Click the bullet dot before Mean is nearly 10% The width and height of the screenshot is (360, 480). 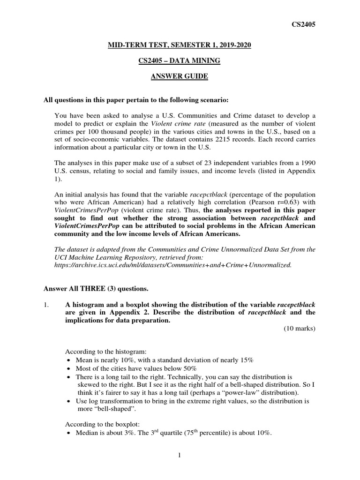[68, 360]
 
